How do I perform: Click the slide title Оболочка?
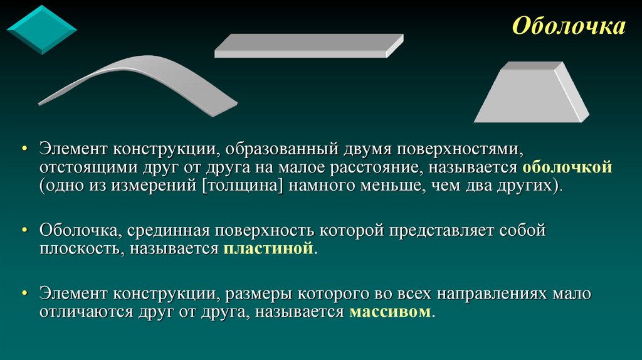(569, 26)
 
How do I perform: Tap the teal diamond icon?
(41, 29)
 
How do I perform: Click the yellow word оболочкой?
(567, 168)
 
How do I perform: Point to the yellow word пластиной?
(267, 249)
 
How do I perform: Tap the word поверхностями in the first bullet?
(461, 150)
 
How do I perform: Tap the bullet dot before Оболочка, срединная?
(24, 231)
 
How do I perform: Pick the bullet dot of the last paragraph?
(24, 294)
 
